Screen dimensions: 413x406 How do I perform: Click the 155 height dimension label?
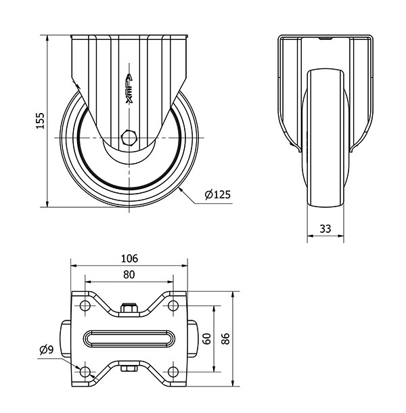40,121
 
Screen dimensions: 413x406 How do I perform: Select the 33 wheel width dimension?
325,229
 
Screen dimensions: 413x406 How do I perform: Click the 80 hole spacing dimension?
129,275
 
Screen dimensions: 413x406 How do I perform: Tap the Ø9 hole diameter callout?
47,350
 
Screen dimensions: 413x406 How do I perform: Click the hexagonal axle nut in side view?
129,137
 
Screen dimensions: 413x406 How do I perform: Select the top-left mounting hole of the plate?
85,306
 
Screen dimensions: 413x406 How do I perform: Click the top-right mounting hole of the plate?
173,306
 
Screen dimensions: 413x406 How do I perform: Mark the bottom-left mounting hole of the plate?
85,372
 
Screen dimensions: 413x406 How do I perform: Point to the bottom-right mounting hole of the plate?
173,372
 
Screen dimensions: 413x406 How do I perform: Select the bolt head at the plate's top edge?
129,310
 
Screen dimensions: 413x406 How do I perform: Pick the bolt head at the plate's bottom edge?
129,369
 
